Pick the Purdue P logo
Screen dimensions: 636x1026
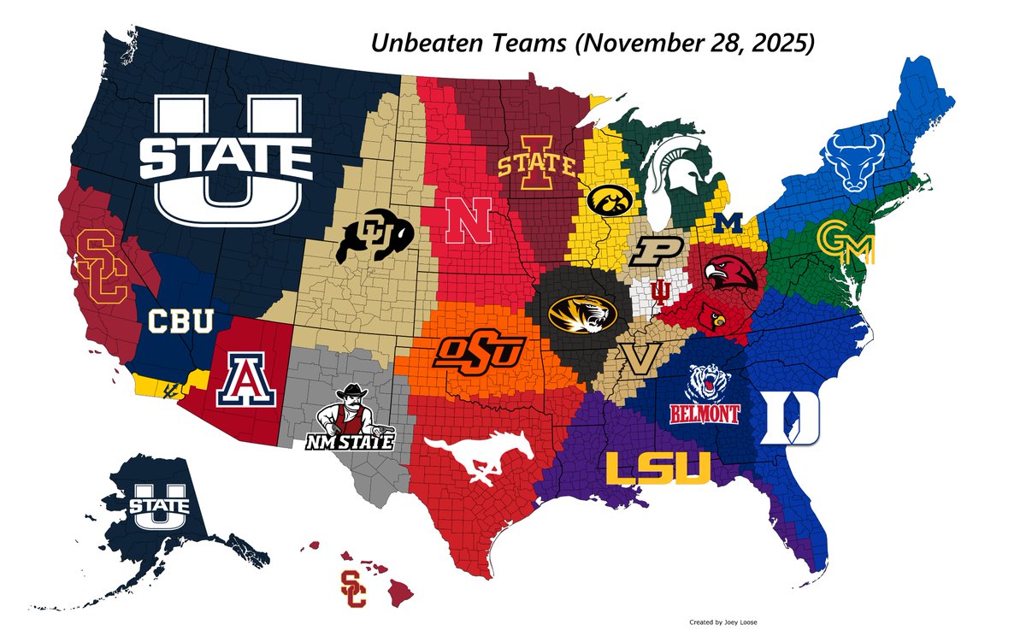click(660, 253)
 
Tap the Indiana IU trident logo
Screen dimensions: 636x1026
click(661, 293)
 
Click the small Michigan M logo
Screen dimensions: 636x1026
click(729, 223)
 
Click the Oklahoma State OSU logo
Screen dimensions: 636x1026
click(478, 350)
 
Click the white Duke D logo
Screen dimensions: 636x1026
click(790, 416)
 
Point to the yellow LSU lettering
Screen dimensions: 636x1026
click(657, 468)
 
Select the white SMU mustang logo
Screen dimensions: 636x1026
click(476, 462)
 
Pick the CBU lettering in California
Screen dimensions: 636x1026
click(181, 322)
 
